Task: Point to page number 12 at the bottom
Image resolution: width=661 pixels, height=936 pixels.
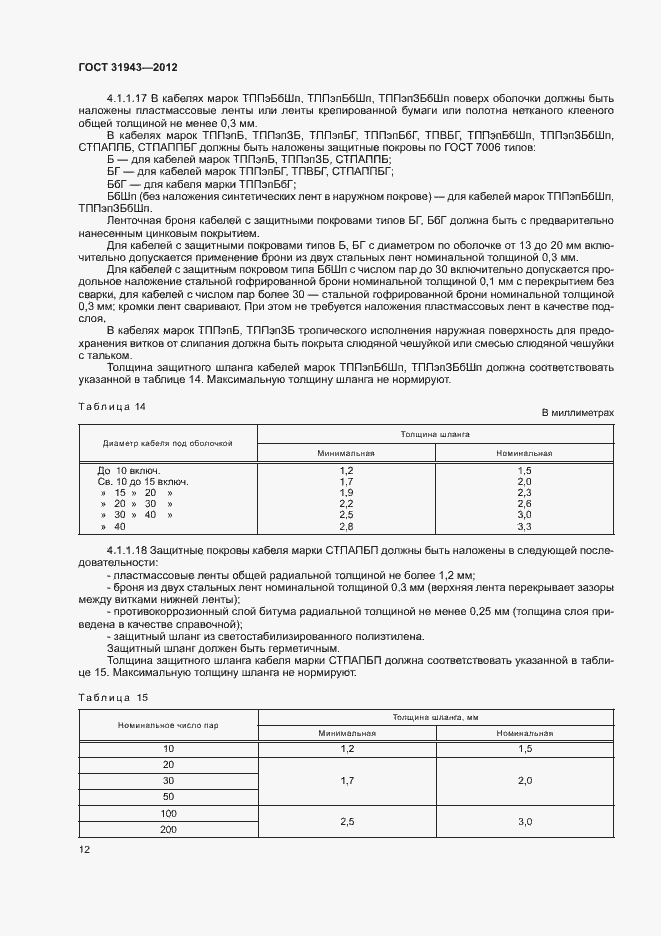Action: (x=84, y=849)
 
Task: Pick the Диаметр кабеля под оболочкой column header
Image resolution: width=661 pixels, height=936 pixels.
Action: (x=167, y=443)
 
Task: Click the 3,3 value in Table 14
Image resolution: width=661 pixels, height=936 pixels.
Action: (x=524, y=526)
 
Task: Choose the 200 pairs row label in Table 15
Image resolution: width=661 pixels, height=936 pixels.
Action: (x=168, y=830)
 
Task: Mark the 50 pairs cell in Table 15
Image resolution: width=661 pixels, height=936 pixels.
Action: (x=168, y=795)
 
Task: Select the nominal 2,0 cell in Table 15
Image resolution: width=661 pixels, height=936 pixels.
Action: (x=524, y=778)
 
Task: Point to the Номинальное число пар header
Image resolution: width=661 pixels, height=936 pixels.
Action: (x=167, y=724)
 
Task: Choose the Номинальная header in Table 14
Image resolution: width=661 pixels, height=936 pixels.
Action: (x=524, y=452)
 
